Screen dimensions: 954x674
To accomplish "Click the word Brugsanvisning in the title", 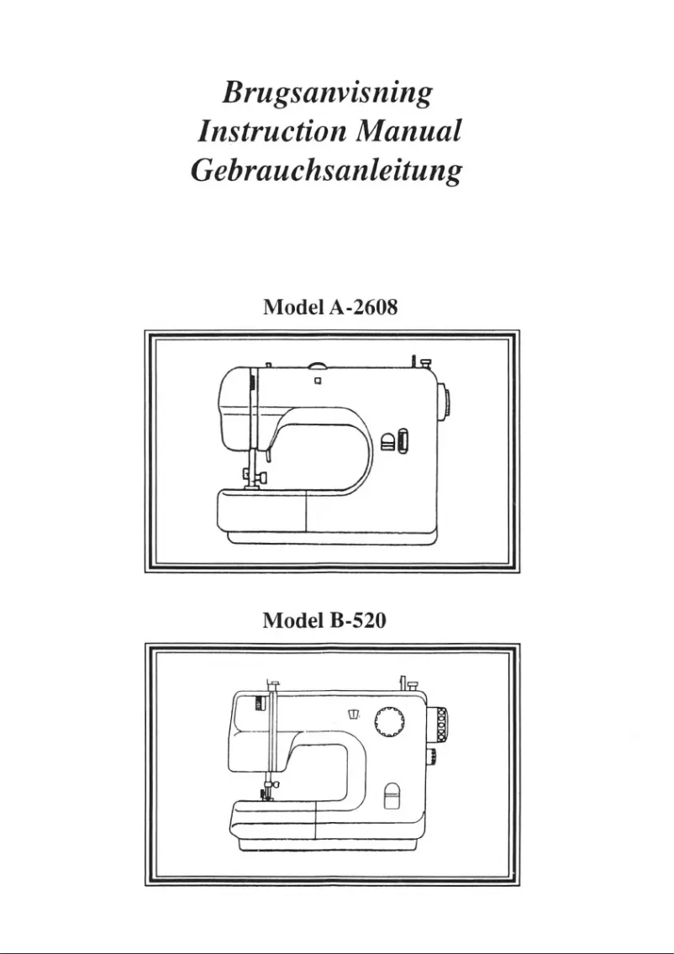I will (327, 93).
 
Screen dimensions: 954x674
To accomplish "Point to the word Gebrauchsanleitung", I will (327, 171).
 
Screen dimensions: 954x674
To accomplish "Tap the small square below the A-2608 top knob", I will (317, 380).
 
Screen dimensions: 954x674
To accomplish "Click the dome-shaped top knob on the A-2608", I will (318, 366).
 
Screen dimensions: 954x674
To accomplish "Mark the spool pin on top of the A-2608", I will (415, 361).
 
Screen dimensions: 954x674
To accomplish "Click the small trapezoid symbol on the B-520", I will (353, 714).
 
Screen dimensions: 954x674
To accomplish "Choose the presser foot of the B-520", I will (269, 794).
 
